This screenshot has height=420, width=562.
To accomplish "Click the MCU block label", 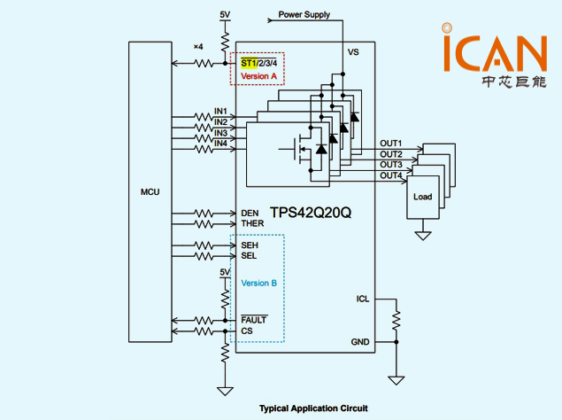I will [x=150, y=191].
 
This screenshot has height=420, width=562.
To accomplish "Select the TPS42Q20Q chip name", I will [x=304, y=213].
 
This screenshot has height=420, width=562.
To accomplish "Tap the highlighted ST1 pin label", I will [x=249, y=63].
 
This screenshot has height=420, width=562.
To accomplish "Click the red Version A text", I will [x=259, y=76].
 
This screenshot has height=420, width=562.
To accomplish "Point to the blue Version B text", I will [x=259, y=283].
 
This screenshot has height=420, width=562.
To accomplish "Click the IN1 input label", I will [x=220, y=112].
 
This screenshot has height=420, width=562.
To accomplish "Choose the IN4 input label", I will [x=220, y=144].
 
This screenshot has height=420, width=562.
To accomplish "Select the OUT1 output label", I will [x=391, y=144].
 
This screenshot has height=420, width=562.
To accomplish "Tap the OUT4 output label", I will [x=391, y=175].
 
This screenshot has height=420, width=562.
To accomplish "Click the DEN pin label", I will [x=250, y=213].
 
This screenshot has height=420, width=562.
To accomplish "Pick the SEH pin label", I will [x=250, y=245].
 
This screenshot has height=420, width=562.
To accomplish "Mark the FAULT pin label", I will [x=254, y=319].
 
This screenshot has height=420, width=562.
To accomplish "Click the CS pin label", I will [x=247, y=331].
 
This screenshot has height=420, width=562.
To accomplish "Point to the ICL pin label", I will [x=363, y=299].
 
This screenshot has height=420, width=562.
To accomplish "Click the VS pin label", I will [x=354, y=53].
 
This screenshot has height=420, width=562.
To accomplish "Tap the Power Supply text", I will [x=304, y=15].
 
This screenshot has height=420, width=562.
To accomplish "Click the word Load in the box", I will [x=423, y=197].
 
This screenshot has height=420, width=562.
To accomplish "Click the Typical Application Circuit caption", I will [x=312, y=408].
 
